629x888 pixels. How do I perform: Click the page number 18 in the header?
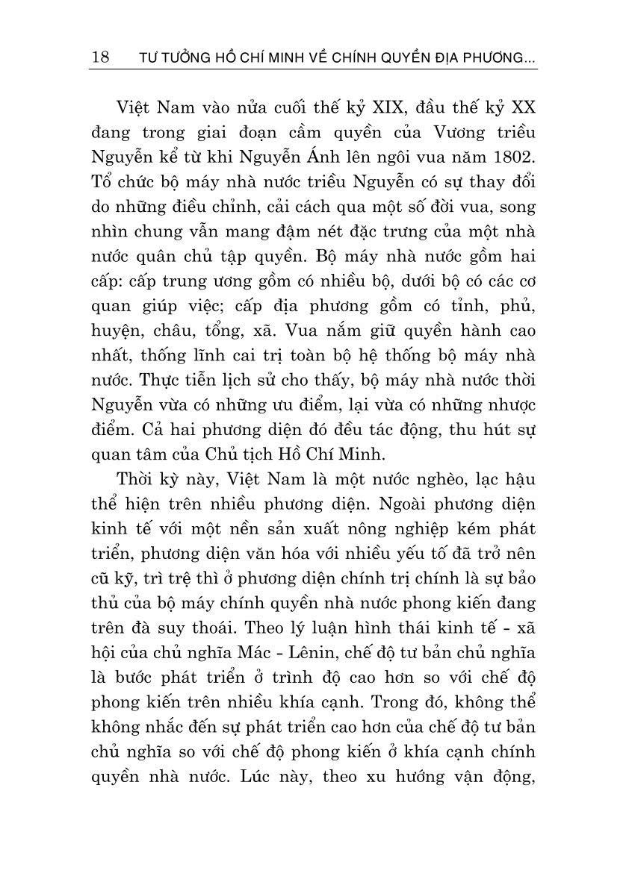tap(99, 58)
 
